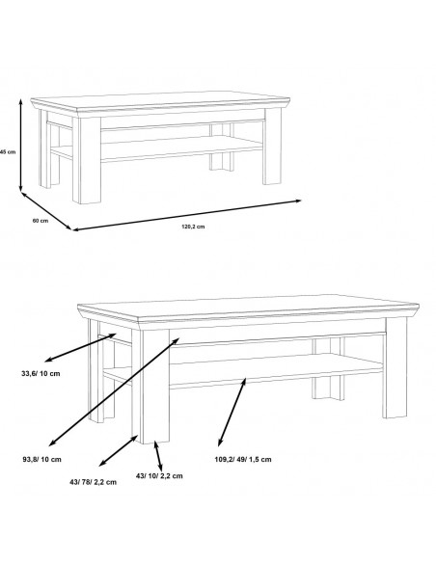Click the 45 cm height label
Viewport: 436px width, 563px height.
tap(8, 152)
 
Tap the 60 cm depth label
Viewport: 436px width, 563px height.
tap(41, 221)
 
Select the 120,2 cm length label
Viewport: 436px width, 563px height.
tap(193, 227)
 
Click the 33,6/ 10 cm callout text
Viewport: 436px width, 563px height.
tap(41, 373)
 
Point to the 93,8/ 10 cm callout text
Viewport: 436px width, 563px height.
tap(42, 459)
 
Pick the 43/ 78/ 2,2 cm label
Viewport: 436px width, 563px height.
tap(93, 482)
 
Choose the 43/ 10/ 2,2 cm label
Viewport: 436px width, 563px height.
tap(159, 475)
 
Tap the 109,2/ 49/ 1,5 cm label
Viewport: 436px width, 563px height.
tap(243, 459)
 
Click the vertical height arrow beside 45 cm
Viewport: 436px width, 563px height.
tap(21, 145)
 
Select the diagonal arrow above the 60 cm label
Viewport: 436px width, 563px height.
tap(46, 211)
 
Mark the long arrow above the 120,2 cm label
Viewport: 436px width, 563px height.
tap(187, 215)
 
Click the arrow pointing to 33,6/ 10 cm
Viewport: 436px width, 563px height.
tap(80, 347)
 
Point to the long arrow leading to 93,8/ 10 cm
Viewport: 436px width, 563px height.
tap(114, 391)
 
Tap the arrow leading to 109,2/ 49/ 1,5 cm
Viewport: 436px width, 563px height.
tap(232, 413)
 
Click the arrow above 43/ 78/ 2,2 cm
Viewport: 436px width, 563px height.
tap(118, 450)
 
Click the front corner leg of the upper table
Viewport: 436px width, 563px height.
tap(87, 160)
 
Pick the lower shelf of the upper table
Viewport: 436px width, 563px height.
tap(181, 147)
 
